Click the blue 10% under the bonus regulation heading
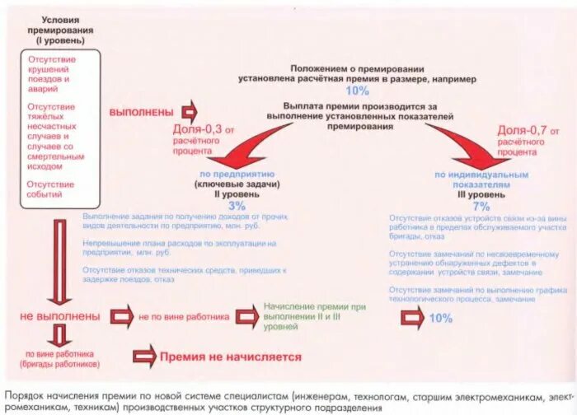point(358,91)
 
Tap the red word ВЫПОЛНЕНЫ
point(142,111)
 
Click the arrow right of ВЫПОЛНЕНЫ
point(189,111)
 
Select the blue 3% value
point(237,206)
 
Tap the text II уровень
point(235,194)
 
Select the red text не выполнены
point(61,315)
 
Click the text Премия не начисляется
point(230,357)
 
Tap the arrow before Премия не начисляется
point(145,357)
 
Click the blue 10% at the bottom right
point(440,318)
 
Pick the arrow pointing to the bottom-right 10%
point(406,317)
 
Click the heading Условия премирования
point(59,26)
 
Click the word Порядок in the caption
point(24,393)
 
